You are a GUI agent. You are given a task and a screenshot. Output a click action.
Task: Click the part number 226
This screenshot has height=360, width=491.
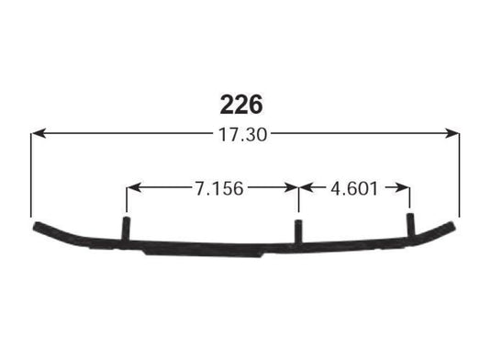[243, 99]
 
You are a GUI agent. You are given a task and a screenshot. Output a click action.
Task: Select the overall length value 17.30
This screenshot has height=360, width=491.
[244, 134]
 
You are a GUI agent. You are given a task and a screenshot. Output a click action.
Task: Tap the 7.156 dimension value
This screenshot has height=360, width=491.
[218, 189]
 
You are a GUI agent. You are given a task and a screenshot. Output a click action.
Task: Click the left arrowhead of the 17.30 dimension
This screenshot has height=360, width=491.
[38, 134]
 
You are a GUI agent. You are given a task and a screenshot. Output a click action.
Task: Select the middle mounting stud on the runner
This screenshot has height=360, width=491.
[298, 231]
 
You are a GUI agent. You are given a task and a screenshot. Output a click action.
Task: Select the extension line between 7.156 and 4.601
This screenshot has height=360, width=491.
[298, 199]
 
